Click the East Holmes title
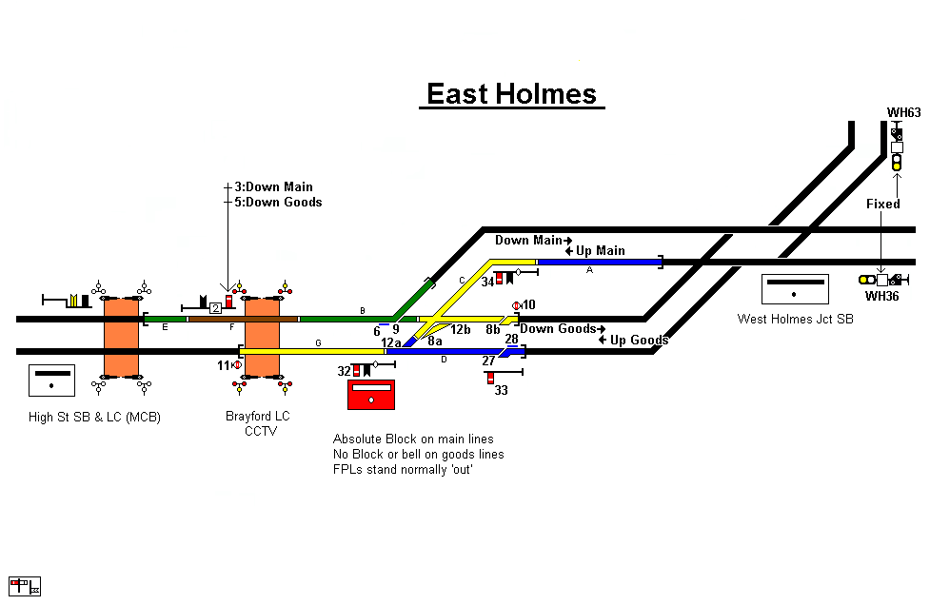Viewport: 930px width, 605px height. [x=511, y=94]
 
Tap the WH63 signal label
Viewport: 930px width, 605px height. [x=903, y=113]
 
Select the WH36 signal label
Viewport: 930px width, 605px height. [x=881, y=297]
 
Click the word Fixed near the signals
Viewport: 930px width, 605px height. [x=882, y=204]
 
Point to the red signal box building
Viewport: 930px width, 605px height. [x=371, y=394]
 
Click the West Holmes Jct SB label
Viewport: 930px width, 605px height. [x=795, y=319]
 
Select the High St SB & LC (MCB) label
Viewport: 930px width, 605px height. [x=93, y=417]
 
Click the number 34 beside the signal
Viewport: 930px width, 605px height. [x=487, y=282]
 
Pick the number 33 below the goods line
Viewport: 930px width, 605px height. [x=501, y=390]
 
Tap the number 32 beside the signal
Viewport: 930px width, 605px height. [x=344, y=371]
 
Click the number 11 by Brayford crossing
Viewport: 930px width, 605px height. [x=224, y=365]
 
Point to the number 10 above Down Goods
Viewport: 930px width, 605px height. [x=529, y=304]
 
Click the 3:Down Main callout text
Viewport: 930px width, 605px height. [x=273, y=187]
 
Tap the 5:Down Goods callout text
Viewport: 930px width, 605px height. [x=278, y=202]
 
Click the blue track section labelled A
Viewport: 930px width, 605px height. [x=599, y=261]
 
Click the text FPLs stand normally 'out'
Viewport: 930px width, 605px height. [x=403, y=470]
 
